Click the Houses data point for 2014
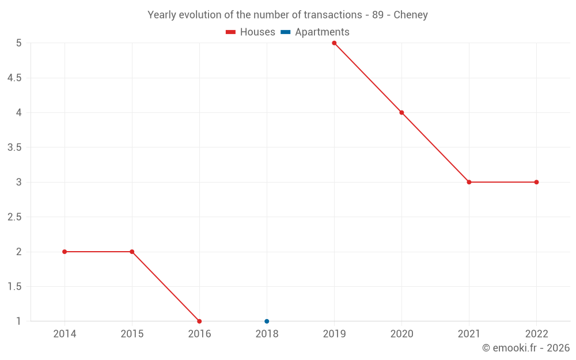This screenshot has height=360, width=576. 65,252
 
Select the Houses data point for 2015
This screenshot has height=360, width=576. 132,252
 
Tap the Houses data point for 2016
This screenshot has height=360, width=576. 199,321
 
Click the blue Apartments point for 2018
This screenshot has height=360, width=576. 267,321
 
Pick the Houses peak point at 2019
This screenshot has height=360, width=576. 334,43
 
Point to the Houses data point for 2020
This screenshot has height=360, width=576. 401,112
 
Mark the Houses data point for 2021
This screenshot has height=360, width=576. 469,182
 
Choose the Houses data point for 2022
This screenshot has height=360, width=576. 536,182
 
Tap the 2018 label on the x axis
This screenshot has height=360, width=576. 267,334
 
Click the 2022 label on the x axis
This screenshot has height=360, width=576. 536,334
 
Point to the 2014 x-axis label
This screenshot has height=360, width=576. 65,334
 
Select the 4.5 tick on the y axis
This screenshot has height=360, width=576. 14,78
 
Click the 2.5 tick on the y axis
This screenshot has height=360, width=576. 14,217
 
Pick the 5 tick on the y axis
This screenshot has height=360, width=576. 19,43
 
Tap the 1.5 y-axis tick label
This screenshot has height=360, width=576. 14,287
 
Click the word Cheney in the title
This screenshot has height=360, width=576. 411,15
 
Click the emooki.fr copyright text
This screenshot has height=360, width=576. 526,348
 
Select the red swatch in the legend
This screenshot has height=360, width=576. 231,32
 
